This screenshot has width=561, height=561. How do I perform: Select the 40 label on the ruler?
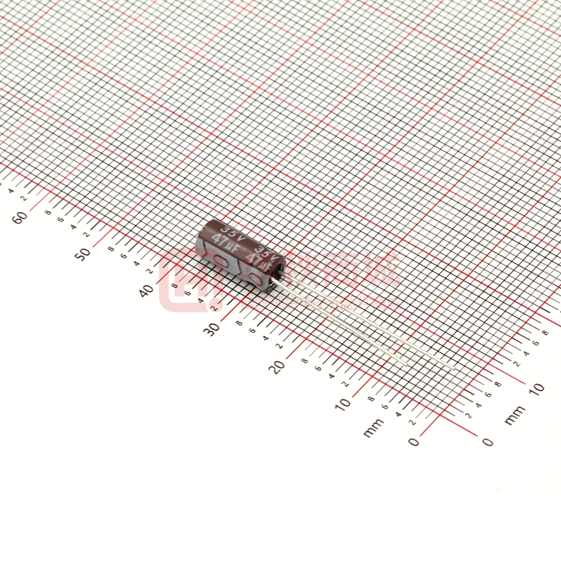point(147,291)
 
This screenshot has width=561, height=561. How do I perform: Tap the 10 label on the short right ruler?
point(537,388)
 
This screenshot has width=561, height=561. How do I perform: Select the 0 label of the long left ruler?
point(414,442)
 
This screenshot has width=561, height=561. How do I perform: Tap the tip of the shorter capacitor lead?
point(404,362)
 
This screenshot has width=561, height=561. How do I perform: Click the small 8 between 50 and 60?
point(49,212)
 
